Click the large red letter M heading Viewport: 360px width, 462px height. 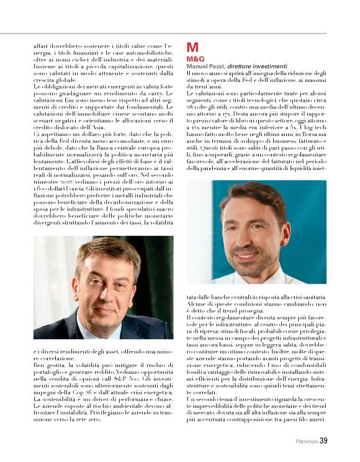[192, 47]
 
